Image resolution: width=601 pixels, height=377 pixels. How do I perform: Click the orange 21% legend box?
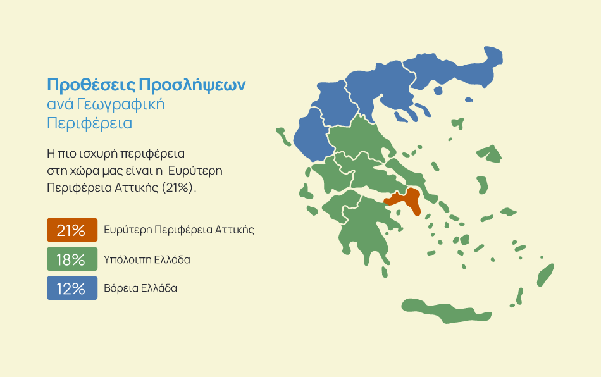pyautogui.click(x=72, y=230)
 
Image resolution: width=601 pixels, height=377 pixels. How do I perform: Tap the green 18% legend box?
pyautogui.click(x=72, y=259)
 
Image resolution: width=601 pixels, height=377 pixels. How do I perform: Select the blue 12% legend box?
pyautogui.click(x=72, y=288)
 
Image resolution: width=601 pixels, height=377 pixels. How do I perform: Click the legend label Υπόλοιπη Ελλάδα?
pyautogui.click(x=147, y=260)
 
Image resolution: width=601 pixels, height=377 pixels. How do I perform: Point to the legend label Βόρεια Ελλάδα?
pyautogui.click(x=140, y=288)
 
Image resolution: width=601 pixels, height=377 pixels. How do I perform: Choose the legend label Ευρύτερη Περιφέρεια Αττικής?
pyautogui.click(x=179, y=230)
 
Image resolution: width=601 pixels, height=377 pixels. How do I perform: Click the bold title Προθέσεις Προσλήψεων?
pyautogui.click(x=146, y=85)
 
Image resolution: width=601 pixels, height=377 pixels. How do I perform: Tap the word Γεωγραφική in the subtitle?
pyautogui.click(x=121, y=104)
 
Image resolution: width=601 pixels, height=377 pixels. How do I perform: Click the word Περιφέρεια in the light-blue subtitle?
pyautogui.click(x=89, y=123)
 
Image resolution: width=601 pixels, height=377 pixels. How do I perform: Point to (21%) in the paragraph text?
pyautogui.click(x=178, y=188)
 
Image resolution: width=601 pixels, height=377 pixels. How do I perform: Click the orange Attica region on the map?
pyautogui.click(x=407, y=199)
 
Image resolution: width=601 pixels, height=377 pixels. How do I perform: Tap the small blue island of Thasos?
pyautogui.click(x=438, y=90)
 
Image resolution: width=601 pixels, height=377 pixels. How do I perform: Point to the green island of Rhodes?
pyautogui.click(x=546, y=275)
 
